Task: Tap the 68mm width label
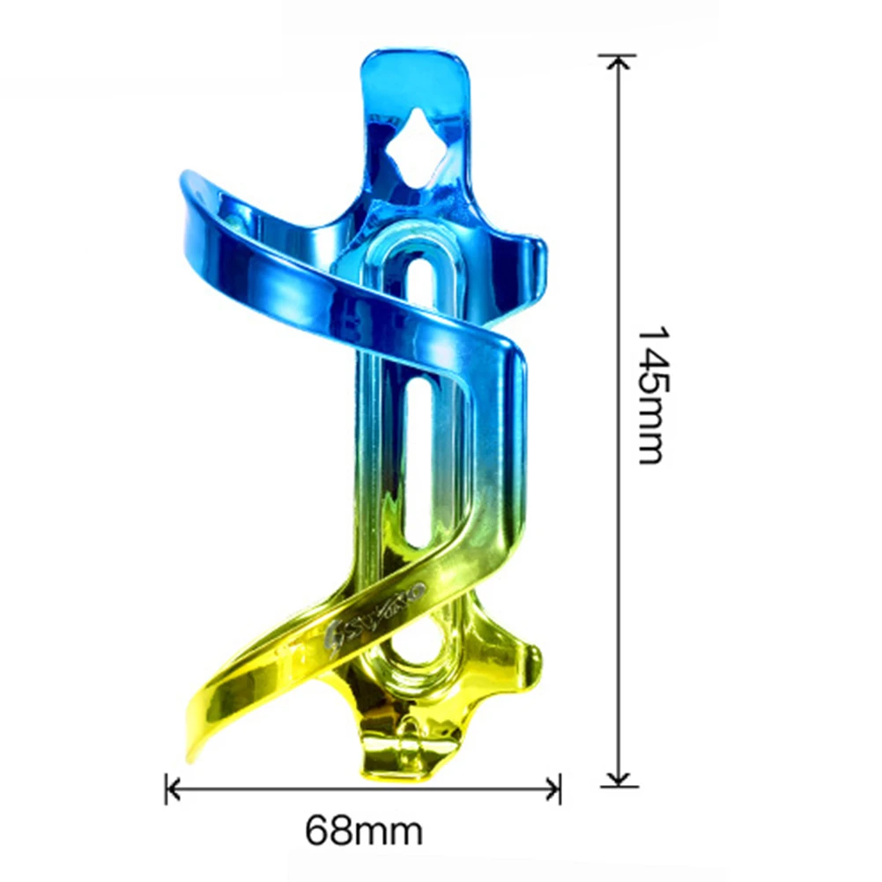[x=364, y=830]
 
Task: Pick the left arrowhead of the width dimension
[x=172, y=789]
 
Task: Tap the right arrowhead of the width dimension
[x=554, y=789]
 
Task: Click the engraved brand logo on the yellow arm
[x=388, y=610]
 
